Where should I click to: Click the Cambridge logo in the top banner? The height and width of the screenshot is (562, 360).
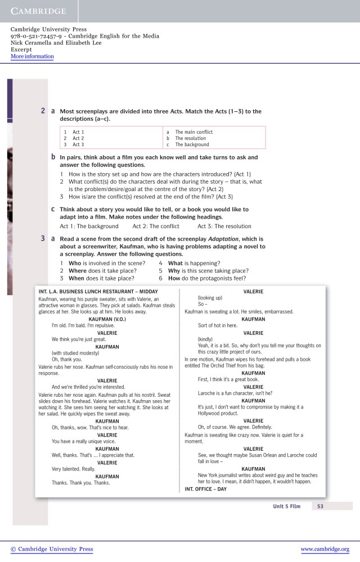tap(38, 11)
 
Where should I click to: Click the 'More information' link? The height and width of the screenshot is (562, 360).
tap(32, 56)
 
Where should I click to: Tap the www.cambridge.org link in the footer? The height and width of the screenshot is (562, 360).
tap(325, 549)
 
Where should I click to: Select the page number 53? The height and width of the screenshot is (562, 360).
tap(320, 506)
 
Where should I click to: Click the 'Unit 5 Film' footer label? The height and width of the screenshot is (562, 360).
tap(287, 506)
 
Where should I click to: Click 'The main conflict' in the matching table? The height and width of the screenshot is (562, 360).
tap(193, 132)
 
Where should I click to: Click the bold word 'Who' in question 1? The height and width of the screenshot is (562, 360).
tap(75, 263)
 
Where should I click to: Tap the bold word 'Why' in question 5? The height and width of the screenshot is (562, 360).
tap(174, 270)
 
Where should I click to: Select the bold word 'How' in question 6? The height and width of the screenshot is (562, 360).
tap(174, 278)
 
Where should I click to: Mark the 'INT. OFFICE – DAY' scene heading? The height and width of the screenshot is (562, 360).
tap(205, 489)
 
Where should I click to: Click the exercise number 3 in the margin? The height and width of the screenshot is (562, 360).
tap(43, 239)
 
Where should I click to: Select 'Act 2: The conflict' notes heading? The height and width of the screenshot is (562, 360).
tap(156, 226)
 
